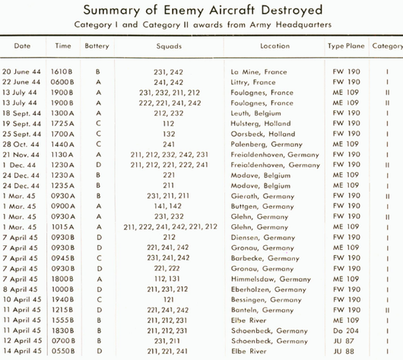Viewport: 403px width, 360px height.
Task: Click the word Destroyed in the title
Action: point(292,11)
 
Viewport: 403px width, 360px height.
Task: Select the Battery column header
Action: point(97,46)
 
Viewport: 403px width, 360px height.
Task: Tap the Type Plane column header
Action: point(346,46)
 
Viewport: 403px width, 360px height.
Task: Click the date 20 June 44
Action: point(21,71)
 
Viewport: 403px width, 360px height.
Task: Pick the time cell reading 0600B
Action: point(62,82)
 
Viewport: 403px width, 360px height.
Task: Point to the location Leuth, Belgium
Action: point(255,113)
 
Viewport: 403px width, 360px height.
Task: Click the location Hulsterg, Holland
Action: point(261,124)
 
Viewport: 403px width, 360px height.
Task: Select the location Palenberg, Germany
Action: point(267,144)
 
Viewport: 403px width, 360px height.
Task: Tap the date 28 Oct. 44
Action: point(21,144)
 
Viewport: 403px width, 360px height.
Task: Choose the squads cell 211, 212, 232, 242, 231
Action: point(169,155)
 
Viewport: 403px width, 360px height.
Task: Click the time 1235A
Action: point(62,185)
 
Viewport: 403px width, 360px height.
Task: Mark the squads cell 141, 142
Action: point(168,206)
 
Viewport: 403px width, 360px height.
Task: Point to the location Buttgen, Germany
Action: point(262,207)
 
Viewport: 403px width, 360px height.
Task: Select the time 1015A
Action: point(62,227)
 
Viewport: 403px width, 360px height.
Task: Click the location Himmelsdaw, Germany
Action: point(271,279)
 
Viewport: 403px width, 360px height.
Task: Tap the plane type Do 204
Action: point(346,330)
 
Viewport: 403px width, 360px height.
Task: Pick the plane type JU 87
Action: point(344,341)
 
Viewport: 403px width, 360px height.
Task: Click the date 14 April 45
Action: point(22,351)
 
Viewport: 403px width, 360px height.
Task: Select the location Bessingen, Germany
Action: point(266,300)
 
